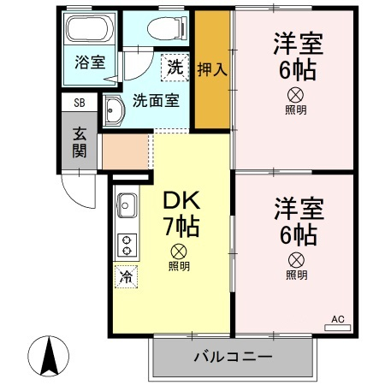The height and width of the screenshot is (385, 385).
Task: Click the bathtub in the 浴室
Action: click(89, 33)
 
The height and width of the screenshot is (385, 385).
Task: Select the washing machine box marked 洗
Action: click(175, 66)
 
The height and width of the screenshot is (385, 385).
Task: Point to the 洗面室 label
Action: click(155, 99)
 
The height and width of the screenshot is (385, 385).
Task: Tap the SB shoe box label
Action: click(80, 103)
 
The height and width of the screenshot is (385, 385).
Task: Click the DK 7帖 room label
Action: click(181, 215)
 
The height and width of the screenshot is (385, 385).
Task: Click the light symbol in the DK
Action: click(179, 251)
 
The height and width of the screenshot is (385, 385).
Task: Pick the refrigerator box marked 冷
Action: click(126, 276)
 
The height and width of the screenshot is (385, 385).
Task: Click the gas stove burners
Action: click(126, 244)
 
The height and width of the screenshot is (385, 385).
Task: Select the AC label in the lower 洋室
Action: click(337, 319)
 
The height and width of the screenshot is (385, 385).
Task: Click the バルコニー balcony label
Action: click(232, 356)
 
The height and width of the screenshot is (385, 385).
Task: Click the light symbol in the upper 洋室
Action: click(296, 94)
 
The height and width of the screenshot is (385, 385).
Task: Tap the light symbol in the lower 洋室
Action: click(296, 259)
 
